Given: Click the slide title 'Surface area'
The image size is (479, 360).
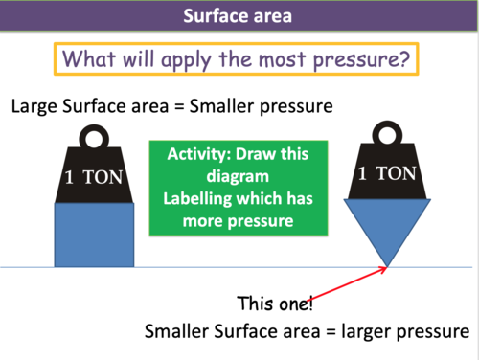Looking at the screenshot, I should point(239,17).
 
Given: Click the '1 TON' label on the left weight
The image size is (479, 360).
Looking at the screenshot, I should point(93,178).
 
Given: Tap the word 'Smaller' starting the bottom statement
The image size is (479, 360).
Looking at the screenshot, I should point(179,332).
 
